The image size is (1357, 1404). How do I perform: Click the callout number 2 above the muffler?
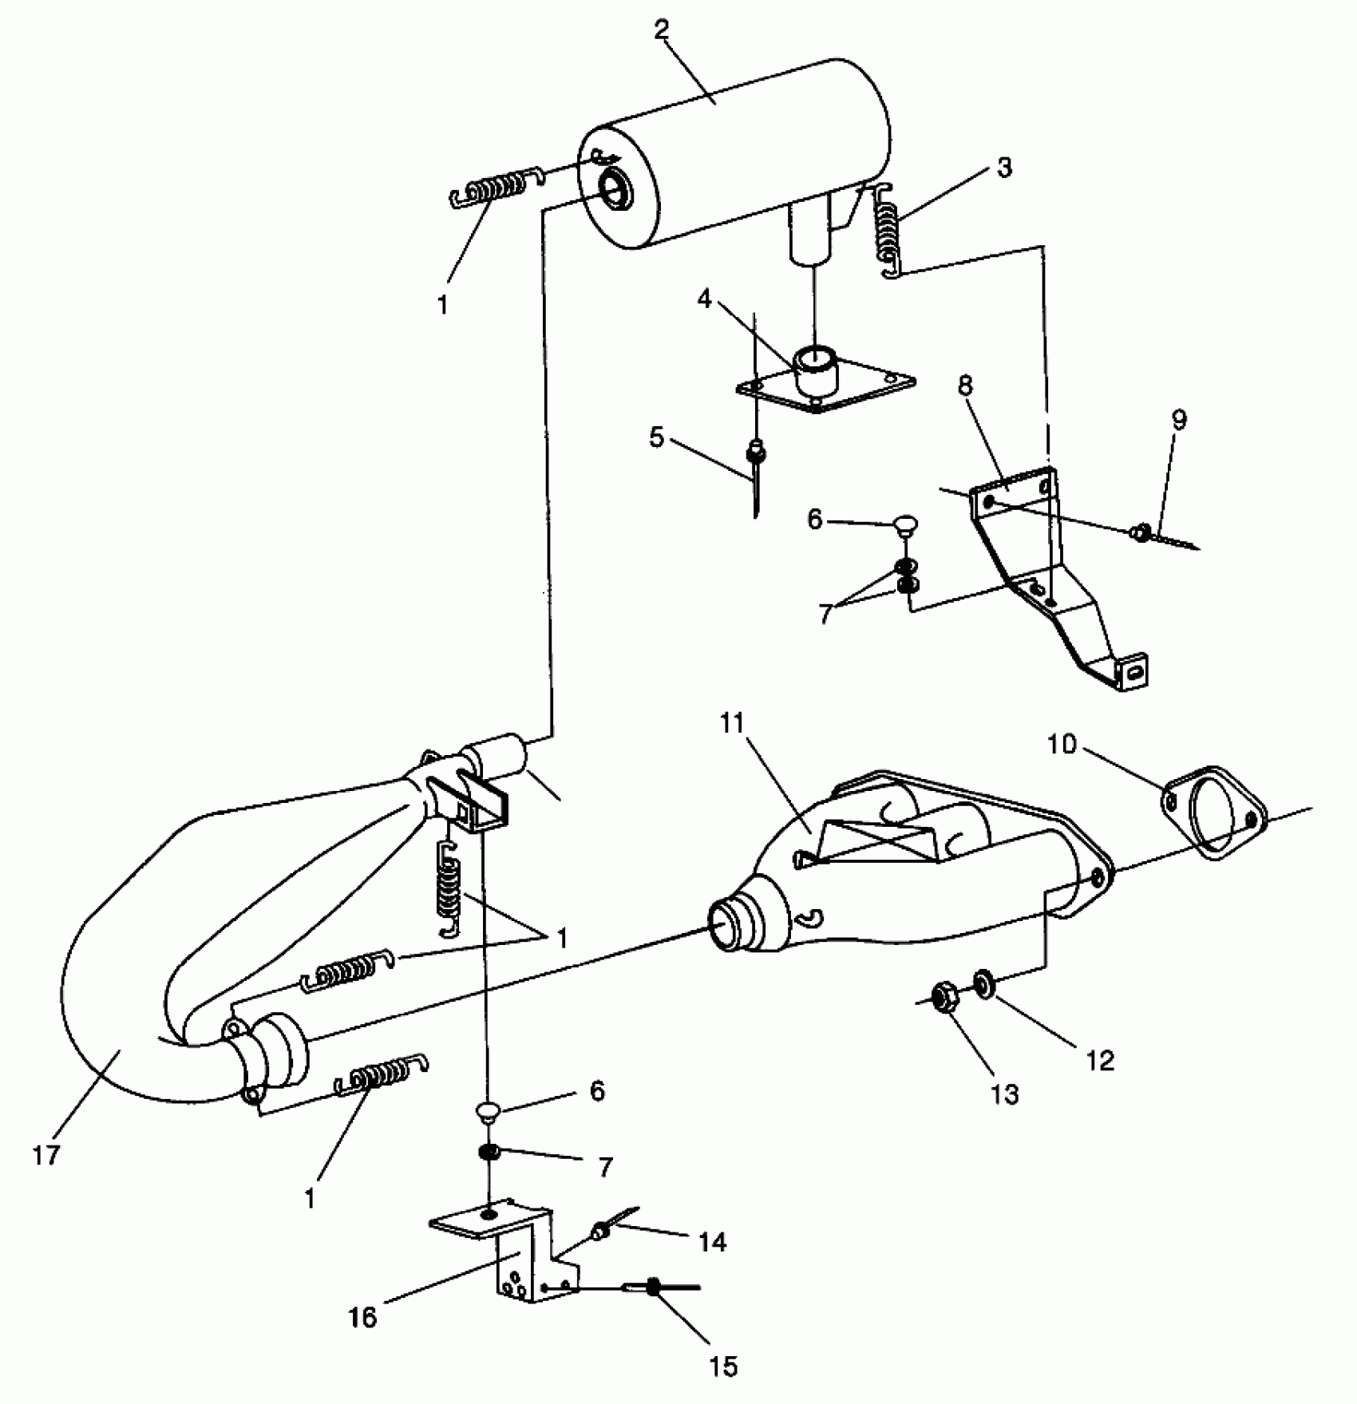click(x=661, y=30)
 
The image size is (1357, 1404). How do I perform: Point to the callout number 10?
click(x=1062, y=745)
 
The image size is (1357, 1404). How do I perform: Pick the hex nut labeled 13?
click(x=944, y=999)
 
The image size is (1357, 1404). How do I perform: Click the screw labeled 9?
click(x=1143, y=530)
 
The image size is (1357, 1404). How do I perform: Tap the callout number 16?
click(x=363, y=1316)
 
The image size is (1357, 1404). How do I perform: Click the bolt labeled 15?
click(x=655, y=1286)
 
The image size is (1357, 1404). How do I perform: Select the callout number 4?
click(x=704, y=299)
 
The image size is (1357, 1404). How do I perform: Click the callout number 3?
click(x=1003, y=168)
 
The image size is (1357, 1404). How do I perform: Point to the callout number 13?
click(x=1004, y=1094)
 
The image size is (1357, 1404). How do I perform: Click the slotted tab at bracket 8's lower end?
click(x=1133, y=672)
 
